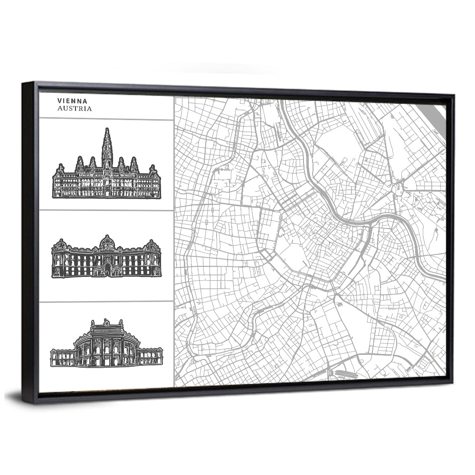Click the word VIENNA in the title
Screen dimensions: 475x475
[72, 101]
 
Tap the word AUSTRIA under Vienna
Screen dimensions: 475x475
[75, 109]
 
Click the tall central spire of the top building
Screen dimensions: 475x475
[107, 142]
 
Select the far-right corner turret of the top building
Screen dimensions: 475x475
[152, 170]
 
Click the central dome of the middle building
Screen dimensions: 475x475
[107, 242]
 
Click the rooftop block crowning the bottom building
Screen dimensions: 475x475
[106, 326]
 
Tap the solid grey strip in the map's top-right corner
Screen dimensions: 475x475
[437, 114]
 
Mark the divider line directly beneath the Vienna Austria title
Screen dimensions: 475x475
[105, 119]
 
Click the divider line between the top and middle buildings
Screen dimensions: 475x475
[105, 210]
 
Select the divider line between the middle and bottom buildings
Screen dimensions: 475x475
[105, 301]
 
